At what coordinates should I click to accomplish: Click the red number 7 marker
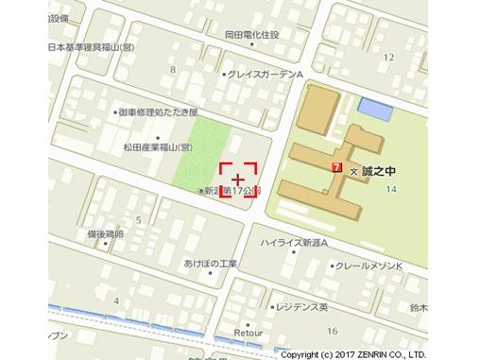pyautogui.click(x=337, y=166)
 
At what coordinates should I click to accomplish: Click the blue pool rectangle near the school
pyautogui.click(x=374, y=111)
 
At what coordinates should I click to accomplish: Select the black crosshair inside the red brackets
pyautogui.click(x=238, y=179)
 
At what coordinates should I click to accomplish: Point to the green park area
pyautogui.click(x=197, y=151)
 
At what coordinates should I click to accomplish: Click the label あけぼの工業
pyautogui.click(x=209, y=264)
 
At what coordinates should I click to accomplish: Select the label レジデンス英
pyautogui.click(x=300, y=307)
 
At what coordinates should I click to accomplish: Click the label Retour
pyautogui.click(x=247, y=333)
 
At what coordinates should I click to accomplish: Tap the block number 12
pyautogui.click(x=388, y=57)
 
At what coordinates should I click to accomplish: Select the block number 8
pyautogui.click(x=173, y=69)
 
